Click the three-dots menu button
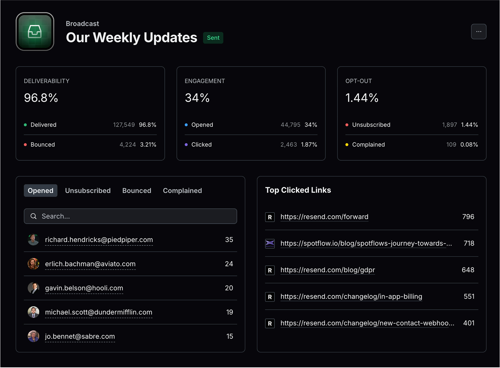[x=478, y=32]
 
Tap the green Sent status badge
[x=213, y=38]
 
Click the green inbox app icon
[x=35, y=32]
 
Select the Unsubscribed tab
[x=88, y=191]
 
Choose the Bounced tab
[x=137, y=191]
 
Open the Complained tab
[x=182, y=191]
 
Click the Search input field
[x=130, y=216]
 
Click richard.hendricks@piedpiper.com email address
[x=99, y=240]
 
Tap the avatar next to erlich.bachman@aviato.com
[x=33, y=264]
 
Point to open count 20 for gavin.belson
[x=229, y=288]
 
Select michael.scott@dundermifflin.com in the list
[x=99, y=312]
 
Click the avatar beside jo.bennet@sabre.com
[x=33, y=336]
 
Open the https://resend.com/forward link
[x=324, y=217]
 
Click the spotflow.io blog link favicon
[x=270, y=243]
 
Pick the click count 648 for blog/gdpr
[x=468, y=270]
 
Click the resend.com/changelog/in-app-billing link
[x=351, y=297]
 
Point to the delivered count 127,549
[x=124, y=125]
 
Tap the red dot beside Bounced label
[x=25, y=145]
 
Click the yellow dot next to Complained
[x=347, y=145]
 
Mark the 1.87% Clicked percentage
[x=309, y=145]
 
